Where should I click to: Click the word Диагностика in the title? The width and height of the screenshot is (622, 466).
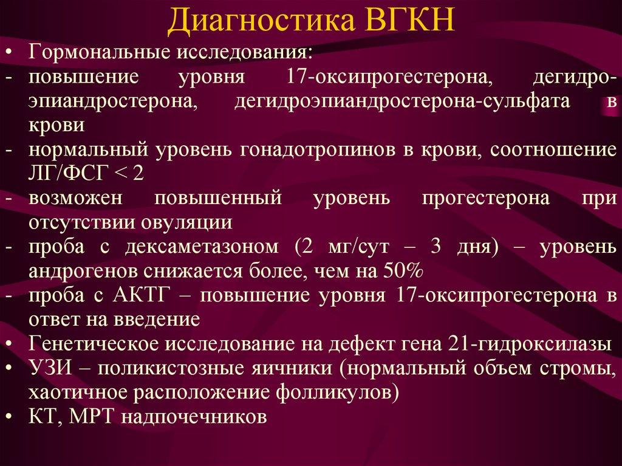pos(261,20)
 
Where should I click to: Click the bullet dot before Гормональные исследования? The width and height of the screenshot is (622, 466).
pos(9,53)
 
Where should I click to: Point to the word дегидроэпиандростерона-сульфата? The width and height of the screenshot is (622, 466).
pos(402,101)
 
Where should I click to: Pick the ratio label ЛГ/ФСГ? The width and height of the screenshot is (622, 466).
pos(68,174)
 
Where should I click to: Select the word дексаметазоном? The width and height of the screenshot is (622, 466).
pos(202,247)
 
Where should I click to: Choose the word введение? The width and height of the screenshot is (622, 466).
pos(157,320)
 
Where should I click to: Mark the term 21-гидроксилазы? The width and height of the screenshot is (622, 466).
pos(530,344)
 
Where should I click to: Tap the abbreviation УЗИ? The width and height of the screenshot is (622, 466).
pos(50,368)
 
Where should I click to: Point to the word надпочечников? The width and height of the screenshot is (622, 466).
pos(194,417)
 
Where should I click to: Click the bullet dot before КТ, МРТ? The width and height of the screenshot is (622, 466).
pos(9,417)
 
